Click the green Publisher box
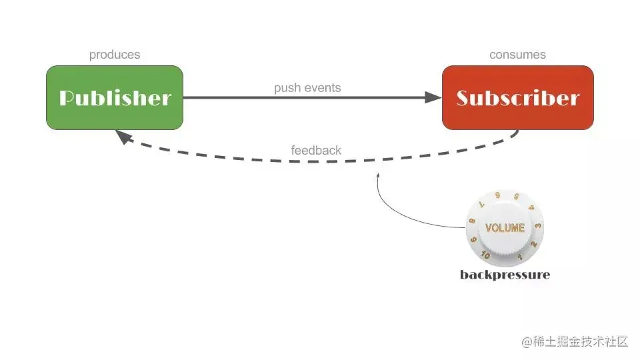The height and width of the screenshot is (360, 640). click(114, 97)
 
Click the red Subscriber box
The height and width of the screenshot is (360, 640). click(517, 97)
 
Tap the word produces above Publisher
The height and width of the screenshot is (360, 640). click(115, 55)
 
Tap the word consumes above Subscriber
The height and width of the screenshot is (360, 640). click(517, 55)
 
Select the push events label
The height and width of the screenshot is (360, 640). click(307, 88)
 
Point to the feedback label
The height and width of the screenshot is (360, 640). click(316, 150)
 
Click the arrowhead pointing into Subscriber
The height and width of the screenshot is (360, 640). click(434, 97)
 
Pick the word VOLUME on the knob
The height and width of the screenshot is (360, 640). click(505, 228)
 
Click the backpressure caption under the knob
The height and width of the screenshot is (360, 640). click(505, 275)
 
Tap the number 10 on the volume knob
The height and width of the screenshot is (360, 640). click(485, 255)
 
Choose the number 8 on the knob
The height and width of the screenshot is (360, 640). click(472, 221)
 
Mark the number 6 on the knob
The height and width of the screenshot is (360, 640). click(497, 195)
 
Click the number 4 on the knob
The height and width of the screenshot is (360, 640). click(531, 208)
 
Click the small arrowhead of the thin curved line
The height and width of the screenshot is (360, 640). click(379, 175)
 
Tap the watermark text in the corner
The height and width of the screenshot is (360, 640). click(575, 342)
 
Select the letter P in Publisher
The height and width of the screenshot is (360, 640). click(67, 98)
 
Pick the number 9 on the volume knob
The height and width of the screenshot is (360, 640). click(473, 239)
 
